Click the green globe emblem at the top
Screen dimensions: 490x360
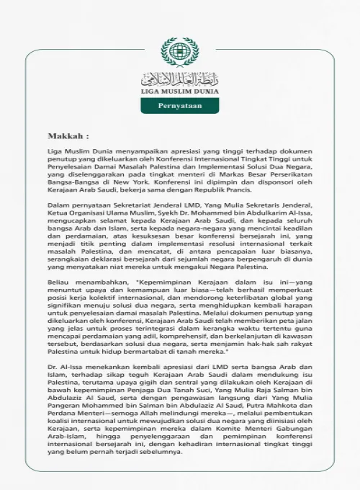pyautogui.click(x=179, y=53)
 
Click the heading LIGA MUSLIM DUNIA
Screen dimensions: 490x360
pyautogui.click(x=179, y=92)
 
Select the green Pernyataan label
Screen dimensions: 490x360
pyautogui.click(x=179, y=106)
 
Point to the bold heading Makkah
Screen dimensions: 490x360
pyautogui.click(x=68, y=135)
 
